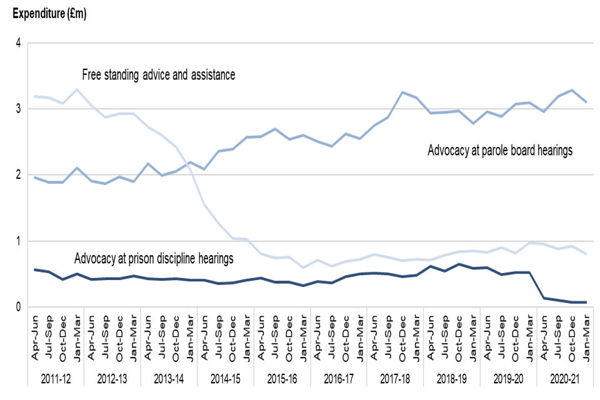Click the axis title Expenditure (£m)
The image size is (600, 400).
(x=46, y=14)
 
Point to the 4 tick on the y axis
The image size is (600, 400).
(x=19, y=44)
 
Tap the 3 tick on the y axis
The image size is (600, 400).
(x=19, y=109)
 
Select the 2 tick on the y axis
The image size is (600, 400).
(x=19, y=176)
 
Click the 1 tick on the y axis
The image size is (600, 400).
(x=19, y=241)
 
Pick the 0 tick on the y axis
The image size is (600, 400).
(x=19, y=307)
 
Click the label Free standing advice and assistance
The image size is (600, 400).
(x=159, y=75)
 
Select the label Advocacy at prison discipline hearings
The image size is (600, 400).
(x=154, y=258)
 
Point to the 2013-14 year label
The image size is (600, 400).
(x=169, y=379)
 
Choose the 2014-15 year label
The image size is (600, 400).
(x=226, y=379)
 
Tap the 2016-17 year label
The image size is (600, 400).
(x=338, y=379)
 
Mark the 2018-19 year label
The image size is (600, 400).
(x=451, y=379)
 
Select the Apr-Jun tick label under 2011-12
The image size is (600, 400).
(x=36, y=337)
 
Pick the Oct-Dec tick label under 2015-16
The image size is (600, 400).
(x=289, y=337)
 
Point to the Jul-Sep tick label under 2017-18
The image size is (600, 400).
(x=388, y=337)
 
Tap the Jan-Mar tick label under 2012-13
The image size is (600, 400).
(x=134, y=337)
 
